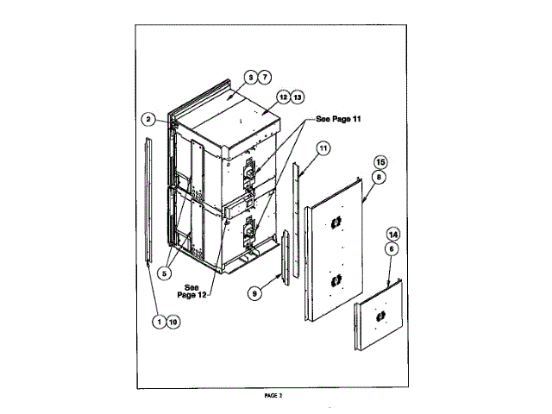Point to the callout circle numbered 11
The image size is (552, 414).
(x=323, y=147)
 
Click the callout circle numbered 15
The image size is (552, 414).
(x=379, y=162)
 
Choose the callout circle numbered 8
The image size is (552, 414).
(x=379, y=176)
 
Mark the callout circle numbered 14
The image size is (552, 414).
(x=392, y=234)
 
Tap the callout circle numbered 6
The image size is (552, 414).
(x=392, y=248)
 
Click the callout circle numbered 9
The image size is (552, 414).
(x=254, y=293)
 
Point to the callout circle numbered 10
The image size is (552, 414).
(x=173, y=322)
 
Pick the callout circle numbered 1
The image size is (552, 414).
(x=159, y=322)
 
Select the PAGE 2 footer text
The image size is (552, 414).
(x=274, y=395)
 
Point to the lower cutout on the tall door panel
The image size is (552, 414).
(x=334, y=281)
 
